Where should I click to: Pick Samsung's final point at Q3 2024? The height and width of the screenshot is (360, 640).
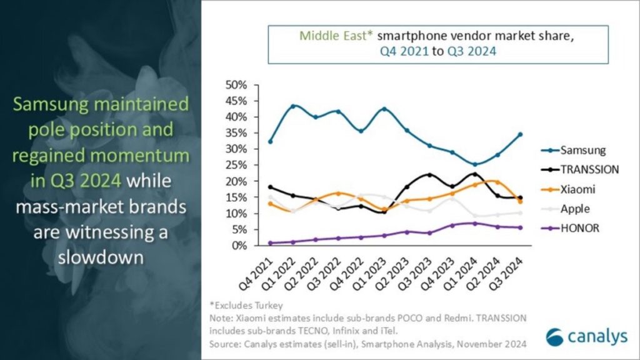point(520,134)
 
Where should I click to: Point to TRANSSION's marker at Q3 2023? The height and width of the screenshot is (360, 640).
point(429,175)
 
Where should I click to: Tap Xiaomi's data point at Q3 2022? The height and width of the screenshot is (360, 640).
point(338,193)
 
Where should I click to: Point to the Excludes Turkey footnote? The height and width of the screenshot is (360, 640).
point(247,306)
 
